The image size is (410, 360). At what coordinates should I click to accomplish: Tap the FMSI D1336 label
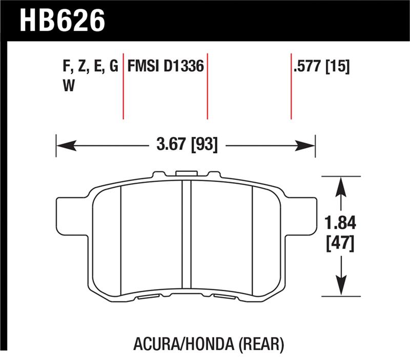click(x=166, y=67)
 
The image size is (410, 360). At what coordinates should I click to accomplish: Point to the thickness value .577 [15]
click(x=321, y=67)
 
